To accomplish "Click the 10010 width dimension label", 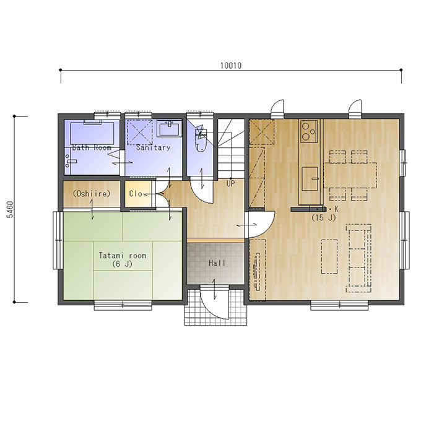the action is pyautogui.click(x=231, y=66).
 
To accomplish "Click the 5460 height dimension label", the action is pyautogui.click(x=10, y=209).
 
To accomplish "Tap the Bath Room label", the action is pyautogui.click(x=92, y=147).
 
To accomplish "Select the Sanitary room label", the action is pyautogui.click(x=154, y=147).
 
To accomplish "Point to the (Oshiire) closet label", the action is pyautogui.click(x=92, y=194).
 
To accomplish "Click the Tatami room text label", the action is pyautogui.click(x=123, y=255).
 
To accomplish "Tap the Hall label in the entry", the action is pyautogui.click(x=217, y=263).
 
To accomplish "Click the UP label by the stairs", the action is pyautogui.click(x=231, y=184).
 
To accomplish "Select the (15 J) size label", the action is pyautogui.click(x=324, y=218).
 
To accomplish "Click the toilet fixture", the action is pyautogui.click(x=201, y=140).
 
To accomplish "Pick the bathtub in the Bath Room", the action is pyautogui.click(x=92, y=134).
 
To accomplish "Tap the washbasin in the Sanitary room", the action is pyautogui.click(x=170, y=128).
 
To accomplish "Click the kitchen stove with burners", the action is pyautogui.click(x=310, y=131).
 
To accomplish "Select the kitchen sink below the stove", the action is pyautogui.click(x=310, y=179).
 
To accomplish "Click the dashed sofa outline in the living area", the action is pyautogui.click(x=358, y=258).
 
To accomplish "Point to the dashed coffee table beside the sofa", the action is pyautogui.click(x=329, y=256).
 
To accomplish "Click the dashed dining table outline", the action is pyautogui.click(x=350, y=175).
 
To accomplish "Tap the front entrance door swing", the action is pyautogui.click(x=215, y=302).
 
